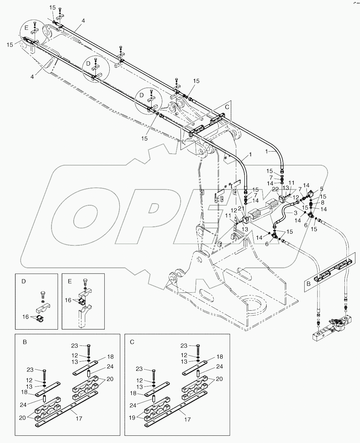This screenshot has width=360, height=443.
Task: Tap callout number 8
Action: pyautogui.click(x=323, y=202)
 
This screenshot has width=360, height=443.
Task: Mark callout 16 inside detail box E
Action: pyautogui.click(x=68, y=300)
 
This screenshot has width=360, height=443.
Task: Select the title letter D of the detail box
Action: pyautogui.click(x=24, y=282)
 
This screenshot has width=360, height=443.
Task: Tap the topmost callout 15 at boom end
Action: pyautogui.click(x=53, y=7)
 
